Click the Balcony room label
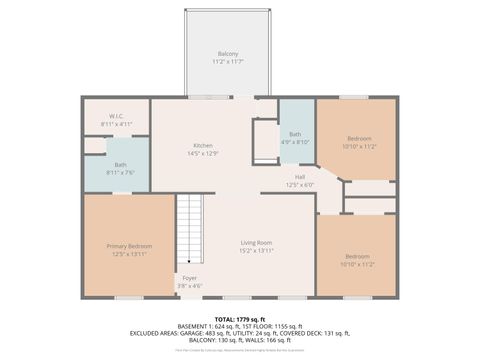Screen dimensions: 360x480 click(228, 54)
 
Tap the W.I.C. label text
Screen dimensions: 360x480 click(115, 116)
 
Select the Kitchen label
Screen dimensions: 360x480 click(203, 146)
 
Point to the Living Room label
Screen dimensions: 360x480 click(256, 243)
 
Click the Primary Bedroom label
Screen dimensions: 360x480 click(129, 246)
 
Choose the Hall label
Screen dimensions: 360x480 click(300, 177)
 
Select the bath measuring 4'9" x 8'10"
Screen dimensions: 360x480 click(295, 137)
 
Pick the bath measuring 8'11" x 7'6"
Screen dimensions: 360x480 click(120, 167)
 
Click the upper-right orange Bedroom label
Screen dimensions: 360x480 click(358, 138)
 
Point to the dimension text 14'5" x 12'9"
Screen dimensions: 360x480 click(203, 154)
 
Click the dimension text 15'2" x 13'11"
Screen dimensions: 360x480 click(256, 251)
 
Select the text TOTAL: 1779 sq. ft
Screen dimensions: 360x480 click(240, 318)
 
